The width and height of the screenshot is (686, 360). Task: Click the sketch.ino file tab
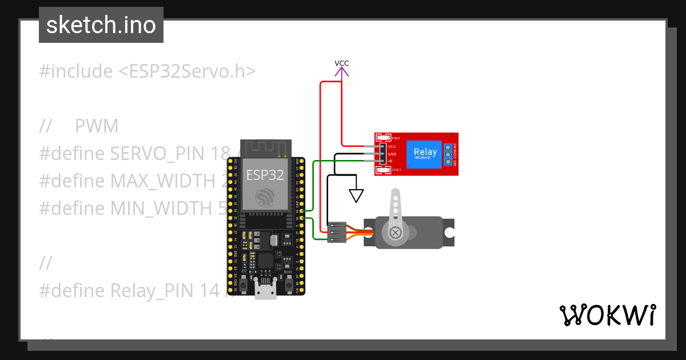coord(101,25)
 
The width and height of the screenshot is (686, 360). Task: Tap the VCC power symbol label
coord(341,63)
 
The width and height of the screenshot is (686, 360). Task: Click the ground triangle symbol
coord(356,196)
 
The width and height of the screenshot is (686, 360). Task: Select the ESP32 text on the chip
coord(265,175)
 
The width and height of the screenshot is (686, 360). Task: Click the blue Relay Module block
coord(425,154)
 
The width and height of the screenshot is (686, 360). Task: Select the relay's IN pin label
coord(390,162)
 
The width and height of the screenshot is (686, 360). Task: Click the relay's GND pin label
coord(392,154)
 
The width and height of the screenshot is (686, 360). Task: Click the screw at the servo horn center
coord(395,232)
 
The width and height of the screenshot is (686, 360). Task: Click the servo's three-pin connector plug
coord(337,232)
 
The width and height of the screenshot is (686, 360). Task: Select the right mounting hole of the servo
coord(450,233)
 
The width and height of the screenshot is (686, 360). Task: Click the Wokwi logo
coord(607,315)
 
